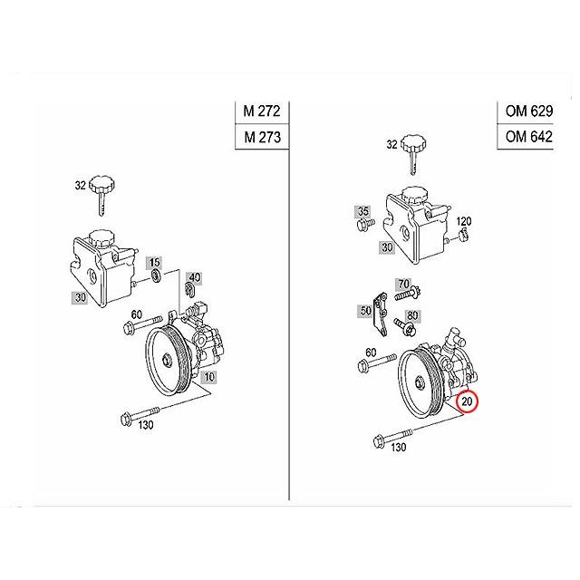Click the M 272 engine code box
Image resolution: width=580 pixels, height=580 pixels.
coord(263,112)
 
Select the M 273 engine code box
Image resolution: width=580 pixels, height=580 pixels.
coord(263,138)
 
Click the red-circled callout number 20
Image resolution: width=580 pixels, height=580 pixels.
coord(469,401)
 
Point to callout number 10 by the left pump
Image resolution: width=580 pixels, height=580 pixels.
coord(209,376)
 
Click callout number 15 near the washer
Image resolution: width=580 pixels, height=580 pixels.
coord(154,262)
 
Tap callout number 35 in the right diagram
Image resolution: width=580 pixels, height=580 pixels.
coord(362,212)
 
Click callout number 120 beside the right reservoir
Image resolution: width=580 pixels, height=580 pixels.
coord(464,222)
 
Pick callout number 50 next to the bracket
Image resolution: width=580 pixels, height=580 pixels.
coord(365,311)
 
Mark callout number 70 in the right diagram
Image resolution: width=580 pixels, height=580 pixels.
coord(404,284)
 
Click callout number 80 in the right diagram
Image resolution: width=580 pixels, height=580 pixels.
coord(412,315)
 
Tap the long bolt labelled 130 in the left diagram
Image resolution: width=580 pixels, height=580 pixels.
coord(140,418)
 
